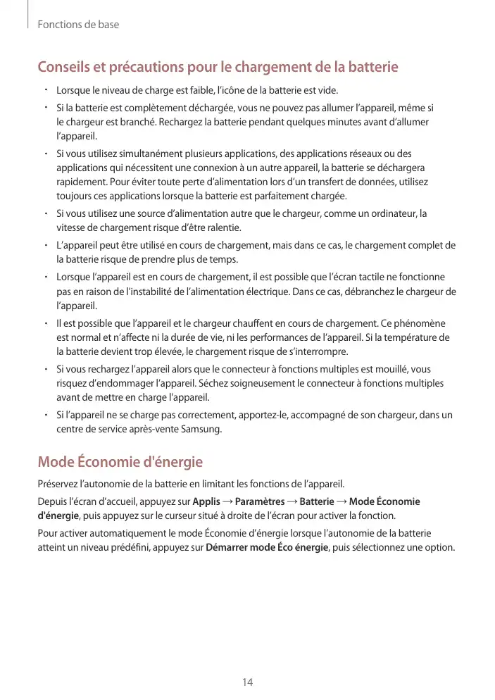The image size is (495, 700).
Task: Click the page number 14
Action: pyautogui.click(x=247, y=682)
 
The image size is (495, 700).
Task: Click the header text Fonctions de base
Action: pyautogui.click(x=78, y=25)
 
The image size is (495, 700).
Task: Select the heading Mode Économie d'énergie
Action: pyautogui.click(x=120, y=463)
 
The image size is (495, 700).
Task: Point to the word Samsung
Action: pyautogui.click(x=201, y=427)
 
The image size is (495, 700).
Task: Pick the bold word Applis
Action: pyautogui.click(x=206, y=501)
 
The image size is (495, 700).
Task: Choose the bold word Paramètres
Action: pyautogui.click(x=259, y=501)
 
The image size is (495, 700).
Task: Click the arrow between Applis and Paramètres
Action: pyautogui.click(x=227, y=501)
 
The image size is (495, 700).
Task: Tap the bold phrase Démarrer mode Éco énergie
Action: pyautogui.click(x=266, y=547)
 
